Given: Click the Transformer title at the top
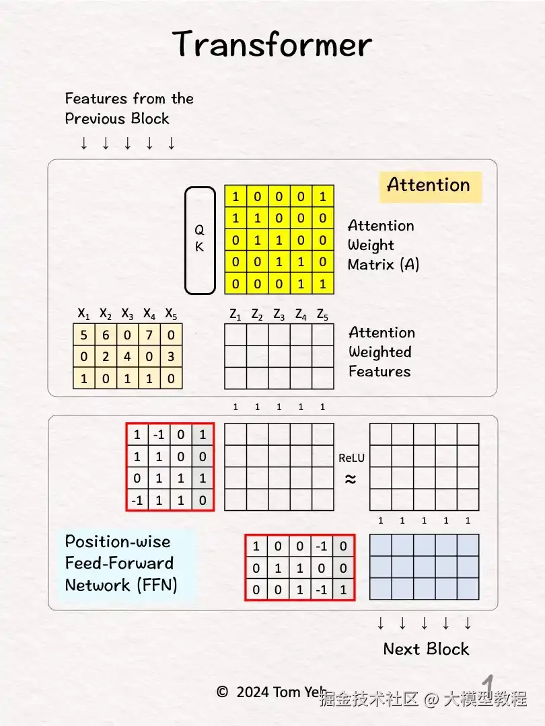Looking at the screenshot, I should point(272,45).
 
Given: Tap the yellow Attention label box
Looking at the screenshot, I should point(429,186).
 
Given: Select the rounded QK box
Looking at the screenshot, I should point(199,240).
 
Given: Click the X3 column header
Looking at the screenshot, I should point(127,314).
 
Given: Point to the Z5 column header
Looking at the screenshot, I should point(322,314).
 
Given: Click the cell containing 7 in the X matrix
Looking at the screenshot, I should point(149,335).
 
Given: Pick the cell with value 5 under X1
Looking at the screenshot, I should point(83,335).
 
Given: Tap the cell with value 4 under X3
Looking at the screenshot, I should point(127,356).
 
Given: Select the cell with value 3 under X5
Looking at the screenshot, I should point(171,356).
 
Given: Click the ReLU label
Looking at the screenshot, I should point(351,458).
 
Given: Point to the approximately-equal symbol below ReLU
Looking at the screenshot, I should point(351,479).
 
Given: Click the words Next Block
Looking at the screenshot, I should point(426,649).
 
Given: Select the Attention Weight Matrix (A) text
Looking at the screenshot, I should point(383,245).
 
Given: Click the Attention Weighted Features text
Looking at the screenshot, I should point(381,352).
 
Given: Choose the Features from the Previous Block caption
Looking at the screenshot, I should point(129,108).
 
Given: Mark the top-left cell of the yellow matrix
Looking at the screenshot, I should point(235,196).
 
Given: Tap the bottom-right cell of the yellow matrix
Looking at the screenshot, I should point(322,284).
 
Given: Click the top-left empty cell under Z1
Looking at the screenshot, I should point(235,335).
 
